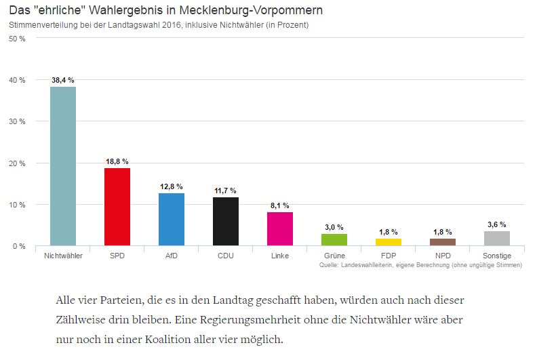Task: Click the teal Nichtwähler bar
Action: click(62, 166)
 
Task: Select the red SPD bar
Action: click(117, 207)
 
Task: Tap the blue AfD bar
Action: click(171, 219)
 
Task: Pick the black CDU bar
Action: click(225, 221)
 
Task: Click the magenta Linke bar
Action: click(279, 228)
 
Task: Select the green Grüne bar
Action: click(334, 239)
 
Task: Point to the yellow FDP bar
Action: click(388, 242)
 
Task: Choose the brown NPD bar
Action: click(442, 242)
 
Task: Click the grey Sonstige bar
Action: click(496, 238)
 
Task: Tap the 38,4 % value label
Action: click(62, 80)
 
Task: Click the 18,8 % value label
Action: click(117, 161)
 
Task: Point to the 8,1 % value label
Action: click(279, 205)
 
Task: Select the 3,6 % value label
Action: click(496, 224)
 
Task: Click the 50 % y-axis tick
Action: click(17, 39)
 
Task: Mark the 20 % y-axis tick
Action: click(17, 163)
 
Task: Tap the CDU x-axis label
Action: click(225, 256)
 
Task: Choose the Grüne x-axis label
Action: click(334, 256)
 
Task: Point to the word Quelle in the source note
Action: click(330, 265)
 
